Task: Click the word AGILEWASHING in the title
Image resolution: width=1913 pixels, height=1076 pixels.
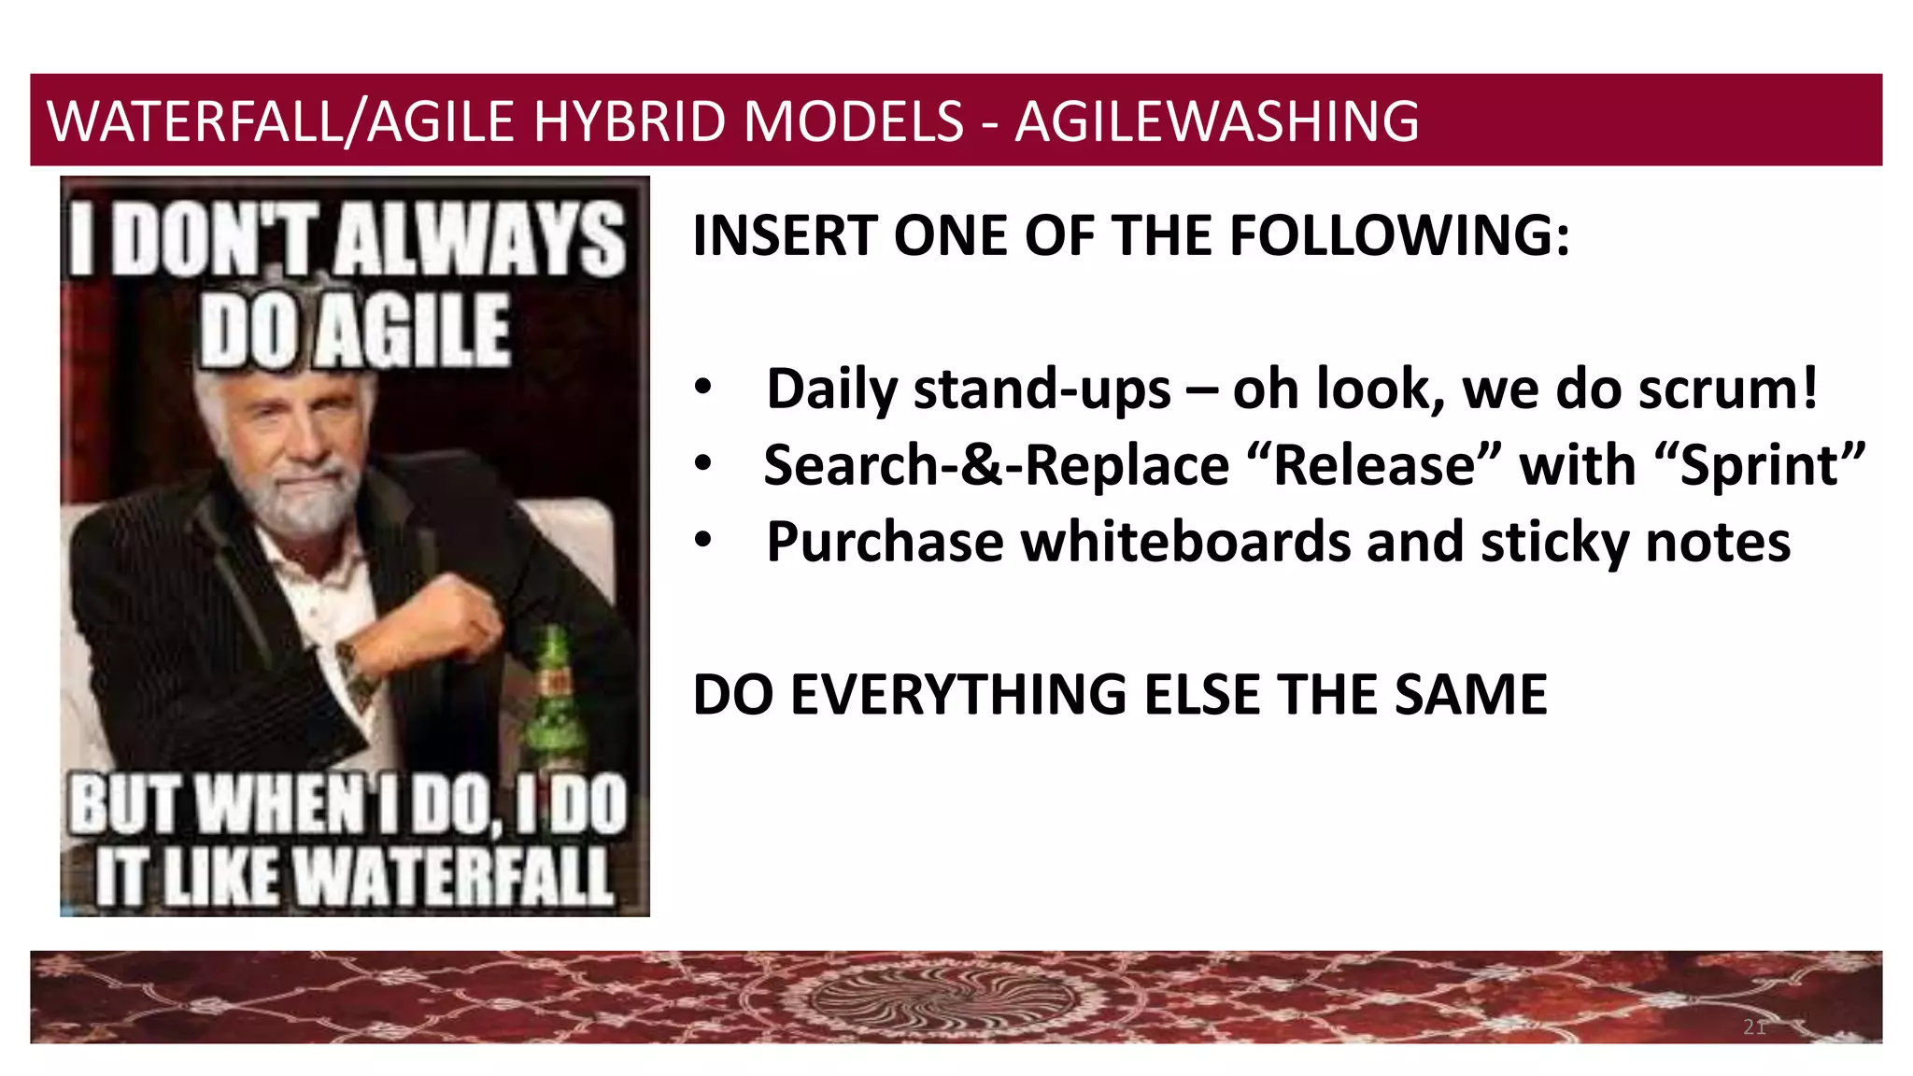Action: coord(1216,121)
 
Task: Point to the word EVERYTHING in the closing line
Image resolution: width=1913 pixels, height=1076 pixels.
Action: coord(958,695)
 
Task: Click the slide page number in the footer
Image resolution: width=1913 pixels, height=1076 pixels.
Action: coord(1754,1027)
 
